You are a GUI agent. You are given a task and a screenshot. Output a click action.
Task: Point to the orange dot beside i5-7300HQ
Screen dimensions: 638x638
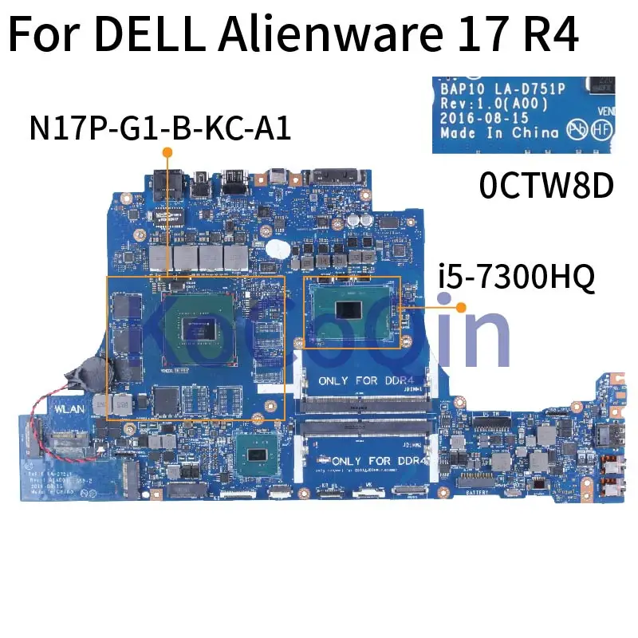pos(460,305)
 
